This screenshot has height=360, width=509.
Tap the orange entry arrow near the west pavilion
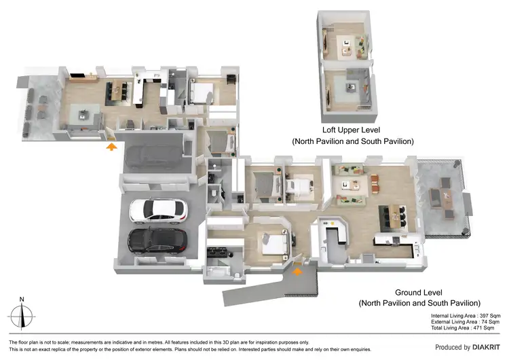111,143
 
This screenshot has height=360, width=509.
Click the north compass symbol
22,314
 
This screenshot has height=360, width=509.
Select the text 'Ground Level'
420,291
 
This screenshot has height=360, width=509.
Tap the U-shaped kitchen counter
333,234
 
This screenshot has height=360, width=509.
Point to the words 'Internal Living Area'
455,316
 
